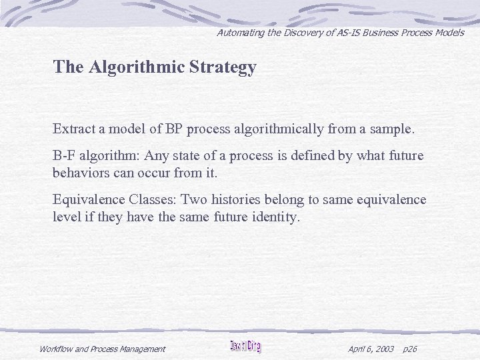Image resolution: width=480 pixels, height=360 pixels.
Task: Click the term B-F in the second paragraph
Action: pos(64,156)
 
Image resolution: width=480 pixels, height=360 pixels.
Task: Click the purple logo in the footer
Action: pos(246,346)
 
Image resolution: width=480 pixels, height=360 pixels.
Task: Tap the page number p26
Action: pos(411,349)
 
